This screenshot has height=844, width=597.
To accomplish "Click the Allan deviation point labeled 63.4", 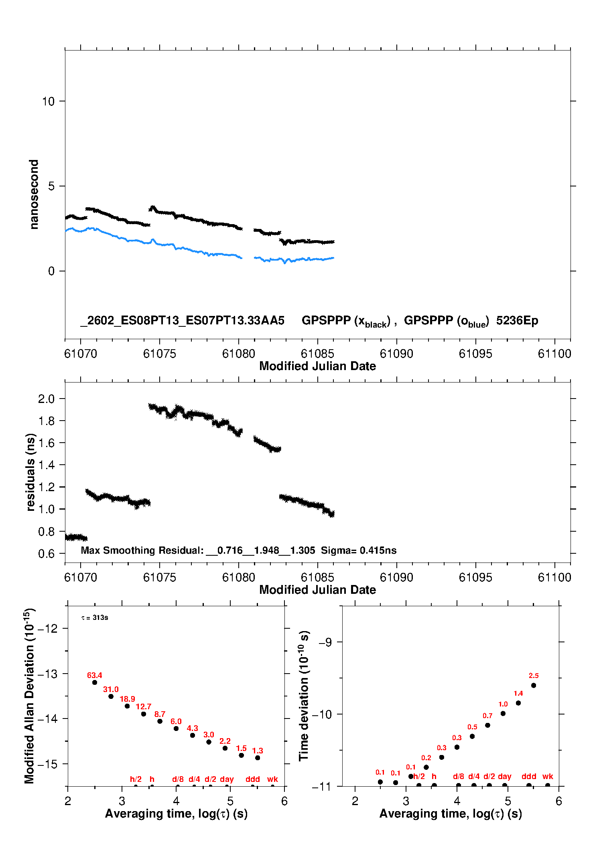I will (95, 682).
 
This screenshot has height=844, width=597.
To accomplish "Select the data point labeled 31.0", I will (111, 696).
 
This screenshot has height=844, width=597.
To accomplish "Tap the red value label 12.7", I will (143, 706).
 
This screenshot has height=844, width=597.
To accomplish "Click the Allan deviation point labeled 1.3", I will (258, 758).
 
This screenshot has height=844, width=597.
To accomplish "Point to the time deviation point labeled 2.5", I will (534, 686).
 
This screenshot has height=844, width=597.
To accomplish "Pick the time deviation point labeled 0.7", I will (487, 725).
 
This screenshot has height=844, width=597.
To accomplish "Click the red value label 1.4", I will (518, 694).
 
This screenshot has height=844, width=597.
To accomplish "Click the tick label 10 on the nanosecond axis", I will (48, 101).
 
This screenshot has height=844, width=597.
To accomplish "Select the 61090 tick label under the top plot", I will (396, 354).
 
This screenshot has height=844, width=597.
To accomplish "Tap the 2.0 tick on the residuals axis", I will (46, 399).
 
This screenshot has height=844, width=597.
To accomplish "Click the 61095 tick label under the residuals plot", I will (475, 577).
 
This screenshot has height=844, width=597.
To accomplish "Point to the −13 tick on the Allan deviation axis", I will (47, 674).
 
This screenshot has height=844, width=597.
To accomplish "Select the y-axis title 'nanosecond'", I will (34, 194).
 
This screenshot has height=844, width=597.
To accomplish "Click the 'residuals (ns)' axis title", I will (30, 472).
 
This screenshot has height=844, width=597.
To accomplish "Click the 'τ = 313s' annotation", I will (95, 618).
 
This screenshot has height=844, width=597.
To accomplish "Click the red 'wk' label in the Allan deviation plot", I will (272, 779).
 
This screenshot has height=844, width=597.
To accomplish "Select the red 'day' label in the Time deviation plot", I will (504, 776).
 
